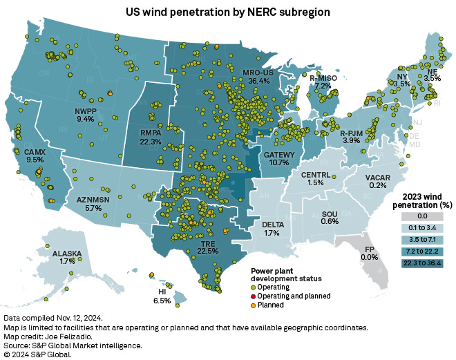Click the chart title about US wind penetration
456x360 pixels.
pyautogui.click(x=227, y=12)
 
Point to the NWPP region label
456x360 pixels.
pyautogui.click(x=85, y=109)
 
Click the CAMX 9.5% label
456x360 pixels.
pyautogui.click(x=35, y=155)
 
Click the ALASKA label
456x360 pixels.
pyautogui.click(x=67, y=254)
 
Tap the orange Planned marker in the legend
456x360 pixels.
pyautogui.click(x=252, y=305)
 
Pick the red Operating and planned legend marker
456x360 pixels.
pyautogui.click(x=252, y=296)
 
